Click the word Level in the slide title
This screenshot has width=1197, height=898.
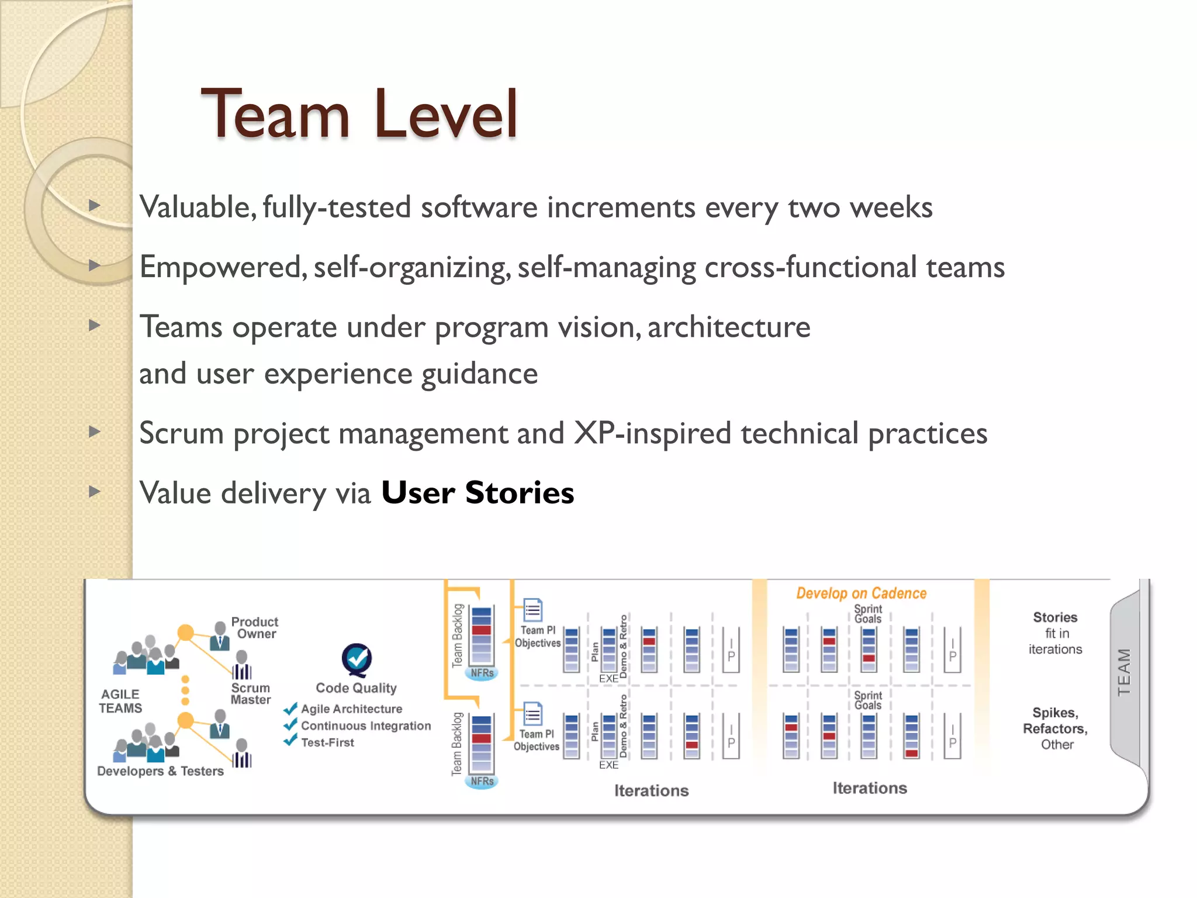click(446, 114)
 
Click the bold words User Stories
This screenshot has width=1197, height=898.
click(478, 492)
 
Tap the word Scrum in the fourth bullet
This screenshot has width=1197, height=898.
click(181, 433)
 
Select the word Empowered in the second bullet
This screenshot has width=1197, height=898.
click(221, 267)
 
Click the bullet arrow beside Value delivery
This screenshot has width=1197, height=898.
click(95, 491)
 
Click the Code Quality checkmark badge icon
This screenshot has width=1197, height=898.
click(357, 659)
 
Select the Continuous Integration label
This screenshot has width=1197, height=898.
click(366, 726)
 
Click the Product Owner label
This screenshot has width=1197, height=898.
click(255, 628)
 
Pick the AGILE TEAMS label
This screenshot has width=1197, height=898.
click(120, 701)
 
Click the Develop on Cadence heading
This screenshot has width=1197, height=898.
click(861, 593)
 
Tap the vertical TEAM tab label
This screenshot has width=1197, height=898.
click(1124, 672)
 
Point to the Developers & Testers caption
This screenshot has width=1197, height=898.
click(160, 771)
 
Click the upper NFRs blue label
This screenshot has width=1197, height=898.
click(482, 673)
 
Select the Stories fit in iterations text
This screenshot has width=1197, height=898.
click(1055, 633)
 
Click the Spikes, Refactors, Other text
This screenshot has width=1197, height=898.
click(1055, 728)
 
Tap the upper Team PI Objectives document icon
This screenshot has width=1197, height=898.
click(532, 610)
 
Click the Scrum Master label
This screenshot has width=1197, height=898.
click(251, 693)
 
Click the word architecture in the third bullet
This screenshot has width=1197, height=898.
click(729, 327)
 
